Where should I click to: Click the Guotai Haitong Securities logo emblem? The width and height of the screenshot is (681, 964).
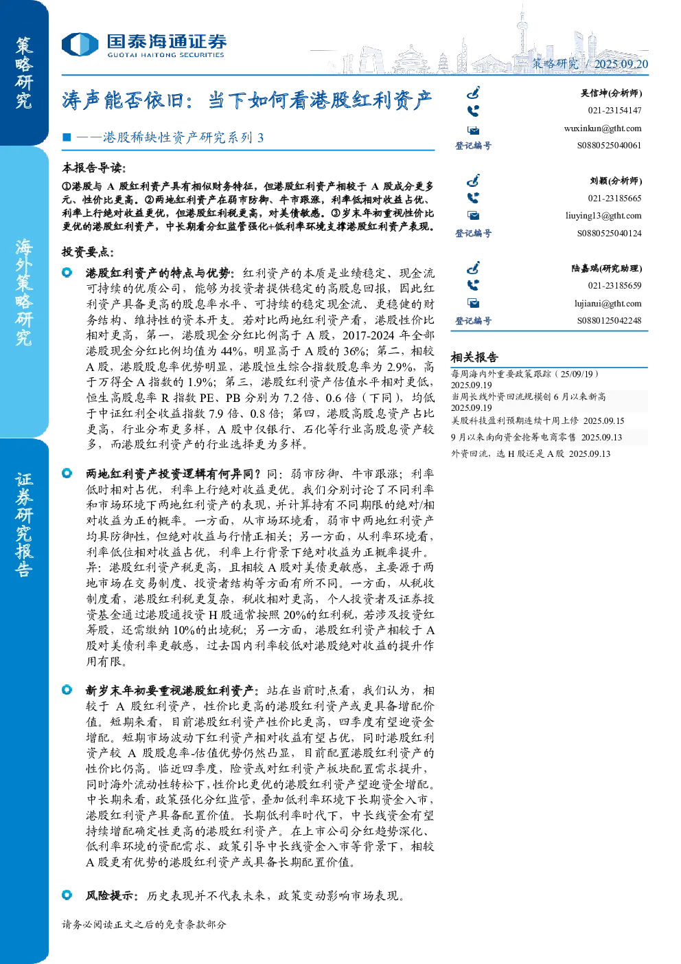point(80,44)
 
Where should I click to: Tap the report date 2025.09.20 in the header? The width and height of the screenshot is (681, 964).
point(621,64)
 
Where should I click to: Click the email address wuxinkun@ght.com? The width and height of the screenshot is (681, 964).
point(602,128)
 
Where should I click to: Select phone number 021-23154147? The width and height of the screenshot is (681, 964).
point(614,111)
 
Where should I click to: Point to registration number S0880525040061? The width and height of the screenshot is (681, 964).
point(609,146)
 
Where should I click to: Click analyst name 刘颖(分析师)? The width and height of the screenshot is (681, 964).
point(616,181)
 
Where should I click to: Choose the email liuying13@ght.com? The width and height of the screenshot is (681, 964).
point(603,216)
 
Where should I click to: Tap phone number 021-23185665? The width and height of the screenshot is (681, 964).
point(614,199)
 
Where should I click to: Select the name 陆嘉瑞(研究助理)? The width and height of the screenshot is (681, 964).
point(607,269)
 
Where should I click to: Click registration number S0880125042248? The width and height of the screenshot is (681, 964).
point(609,321)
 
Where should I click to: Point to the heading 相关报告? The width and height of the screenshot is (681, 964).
point(474,357)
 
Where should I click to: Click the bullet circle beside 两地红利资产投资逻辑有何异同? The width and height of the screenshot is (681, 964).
point(67,473)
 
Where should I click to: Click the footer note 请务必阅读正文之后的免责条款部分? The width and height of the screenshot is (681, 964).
point(143,924)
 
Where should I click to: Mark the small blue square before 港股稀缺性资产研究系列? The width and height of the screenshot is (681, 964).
point(67,137)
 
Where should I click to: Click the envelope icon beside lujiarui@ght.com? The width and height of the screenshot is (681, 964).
point(474,304)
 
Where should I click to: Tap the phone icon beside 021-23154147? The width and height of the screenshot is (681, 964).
point(473,111)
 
